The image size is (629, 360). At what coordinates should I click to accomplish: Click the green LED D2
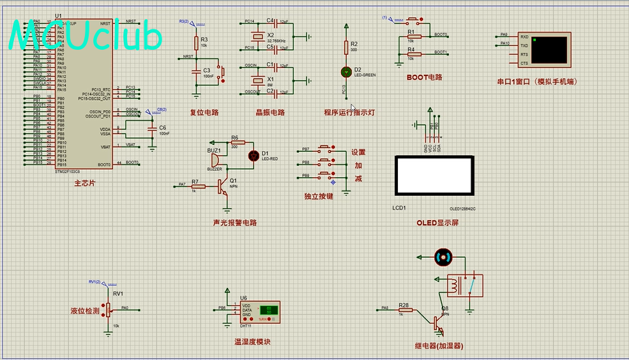click(346, 71)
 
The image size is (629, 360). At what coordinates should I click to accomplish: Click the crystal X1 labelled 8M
click(257, 80)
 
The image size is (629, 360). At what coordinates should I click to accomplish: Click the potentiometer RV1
click(107, 309)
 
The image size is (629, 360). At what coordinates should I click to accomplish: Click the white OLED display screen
click(434, 176)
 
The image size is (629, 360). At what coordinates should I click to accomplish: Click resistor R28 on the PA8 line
click(405, 310)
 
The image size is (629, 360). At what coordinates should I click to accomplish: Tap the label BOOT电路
click(424, 77)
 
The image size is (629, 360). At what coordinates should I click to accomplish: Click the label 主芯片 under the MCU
click(84, 183)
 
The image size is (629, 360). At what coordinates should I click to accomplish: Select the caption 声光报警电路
click(234, 223)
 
